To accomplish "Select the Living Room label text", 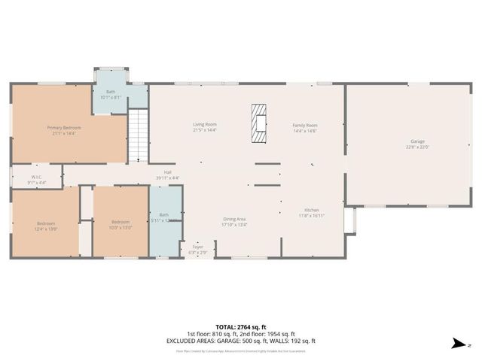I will (x=205, y=124).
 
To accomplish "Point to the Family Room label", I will (x=305, y=125).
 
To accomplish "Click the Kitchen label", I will (x=312, y=210).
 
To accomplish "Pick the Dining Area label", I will (x=234, y=219).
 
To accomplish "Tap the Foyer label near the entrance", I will (x=197, y=247).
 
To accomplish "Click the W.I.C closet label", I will (x=36, y=177).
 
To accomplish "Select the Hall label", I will (x=168, y=172).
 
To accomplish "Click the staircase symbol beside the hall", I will (x=137, y=135).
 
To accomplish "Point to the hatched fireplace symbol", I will (x=259, y=123).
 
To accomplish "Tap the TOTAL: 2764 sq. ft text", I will (x=240, y=326).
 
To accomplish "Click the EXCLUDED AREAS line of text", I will (x=240, y=341).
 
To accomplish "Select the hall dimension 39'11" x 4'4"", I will (x=168, y=178).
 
